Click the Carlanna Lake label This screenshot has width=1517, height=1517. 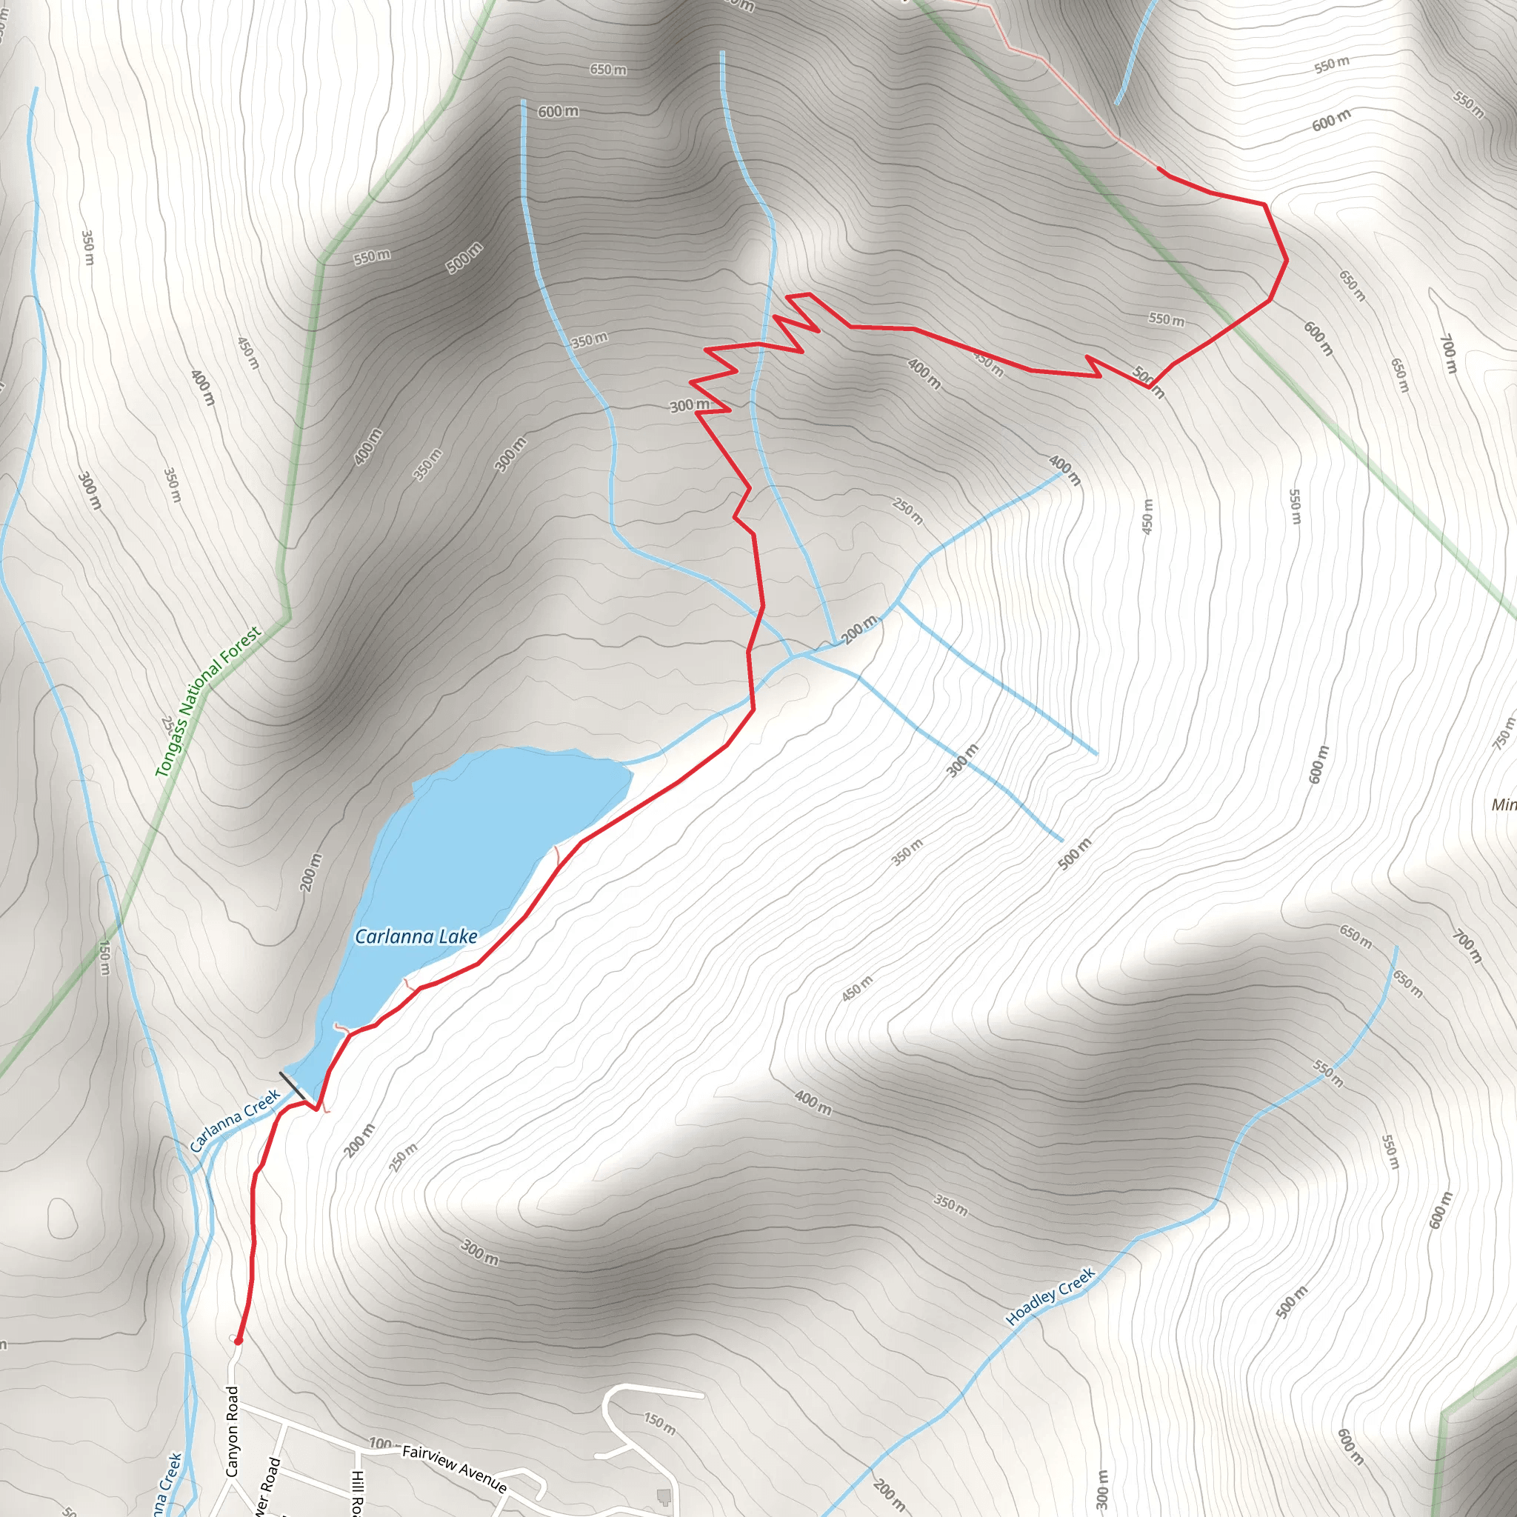coord(416,936)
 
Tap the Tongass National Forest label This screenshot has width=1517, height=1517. coord(207,702)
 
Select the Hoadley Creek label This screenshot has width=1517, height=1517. coord(1050,1296)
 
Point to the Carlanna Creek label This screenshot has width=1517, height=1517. coord(235,1121)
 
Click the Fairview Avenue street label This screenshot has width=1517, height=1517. coord(454,1467)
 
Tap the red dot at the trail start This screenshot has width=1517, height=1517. coord(238,1341)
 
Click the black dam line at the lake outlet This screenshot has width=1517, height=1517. coord(292,1086)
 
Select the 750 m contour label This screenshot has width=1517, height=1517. coord(1503,733)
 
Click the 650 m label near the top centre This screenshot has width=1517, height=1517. coord(609,70)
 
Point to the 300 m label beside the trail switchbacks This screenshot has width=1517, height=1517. coord(689,405)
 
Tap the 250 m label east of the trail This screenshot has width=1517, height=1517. coord(907,511)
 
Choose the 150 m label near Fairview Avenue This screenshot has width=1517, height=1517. coord(659,1423)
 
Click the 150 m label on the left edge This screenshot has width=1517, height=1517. coord(104,958)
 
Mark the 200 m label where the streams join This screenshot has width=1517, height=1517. coord(858,630)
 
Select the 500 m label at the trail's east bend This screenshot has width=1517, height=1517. coord(1149,381)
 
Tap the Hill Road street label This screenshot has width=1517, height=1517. coord(355,1492)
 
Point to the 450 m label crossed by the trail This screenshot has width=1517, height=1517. coord(988,363)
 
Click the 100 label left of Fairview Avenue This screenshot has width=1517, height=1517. coord(380,1443)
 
